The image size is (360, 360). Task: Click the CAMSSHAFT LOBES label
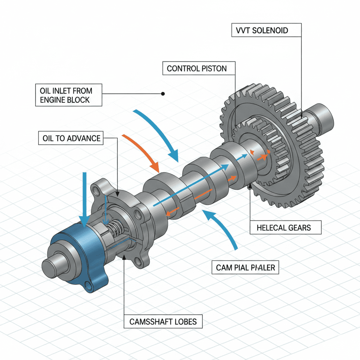click(x=163, y=321)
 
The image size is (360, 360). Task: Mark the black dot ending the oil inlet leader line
click(x=162, y=94)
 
